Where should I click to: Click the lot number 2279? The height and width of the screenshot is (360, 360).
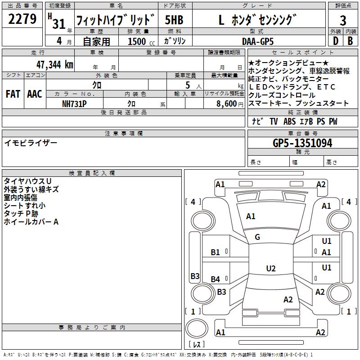(x=22, y=19)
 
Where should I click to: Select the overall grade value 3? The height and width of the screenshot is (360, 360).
(x=343, y=20)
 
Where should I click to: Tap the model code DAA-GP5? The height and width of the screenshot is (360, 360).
(x=258, y=41)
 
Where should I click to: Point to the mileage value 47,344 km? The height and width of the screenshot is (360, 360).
(x=55, y=65)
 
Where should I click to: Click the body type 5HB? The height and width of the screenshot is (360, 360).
(x=174, y=20)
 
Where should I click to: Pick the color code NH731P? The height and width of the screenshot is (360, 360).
(x=74, y=104)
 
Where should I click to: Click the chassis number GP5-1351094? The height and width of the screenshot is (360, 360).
(x=302, y=143)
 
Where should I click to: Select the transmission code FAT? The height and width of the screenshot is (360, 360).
(x=13, y=94)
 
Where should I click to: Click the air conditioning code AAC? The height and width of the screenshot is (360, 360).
(x=35, y=94)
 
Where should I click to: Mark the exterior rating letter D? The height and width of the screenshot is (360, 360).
(x=336, y=41)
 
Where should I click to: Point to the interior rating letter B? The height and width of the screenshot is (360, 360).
(x=350, y=41)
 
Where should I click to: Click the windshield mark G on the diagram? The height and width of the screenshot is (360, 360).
(x=257, y=237)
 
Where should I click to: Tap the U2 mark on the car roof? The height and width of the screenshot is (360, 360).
(x=271, y=268)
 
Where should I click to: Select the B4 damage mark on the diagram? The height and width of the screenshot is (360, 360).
(x=216, y=279)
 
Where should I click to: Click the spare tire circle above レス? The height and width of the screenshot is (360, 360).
(x=197, y=328)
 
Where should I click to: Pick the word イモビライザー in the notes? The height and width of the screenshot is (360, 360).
(x=31, y=143)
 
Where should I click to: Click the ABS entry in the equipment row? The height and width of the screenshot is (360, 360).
(x=289, y=121)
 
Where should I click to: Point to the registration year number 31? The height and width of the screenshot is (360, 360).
(x=59, y=24)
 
